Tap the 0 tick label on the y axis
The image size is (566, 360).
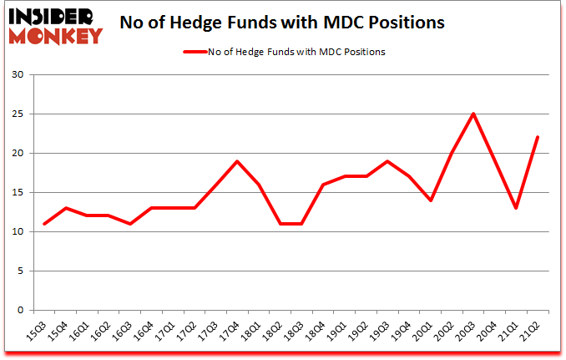pyautogui.click(x=19, y=311)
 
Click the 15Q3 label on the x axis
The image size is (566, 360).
pyautogui.click(x=40, y=332)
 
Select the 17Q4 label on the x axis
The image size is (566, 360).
pyautogui.click(x=234, y=332)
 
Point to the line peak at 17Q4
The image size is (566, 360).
pyautogui.click(x=237, y=161)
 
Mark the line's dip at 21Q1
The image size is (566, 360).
pyautogui.click(x=517, y=208)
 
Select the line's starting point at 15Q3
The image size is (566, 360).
pyautogui.click(x=43, y=224)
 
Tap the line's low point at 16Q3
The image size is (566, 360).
pyautogui.click(x=129, y=224)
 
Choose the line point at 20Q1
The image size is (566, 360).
pyautogui.click(x=431, y=200)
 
